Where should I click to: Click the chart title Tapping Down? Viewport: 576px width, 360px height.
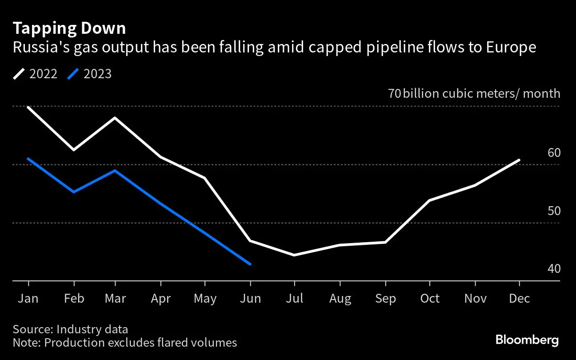pyautogui.click(x=69, y=28)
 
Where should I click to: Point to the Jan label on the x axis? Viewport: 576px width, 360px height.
pyautogui.click(x=28, y=298)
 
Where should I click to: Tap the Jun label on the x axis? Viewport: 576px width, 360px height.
pyautogui.click(x=250, y=298)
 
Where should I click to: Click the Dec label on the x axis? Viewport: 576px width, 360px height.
pyautogui.click(x=519, y=298)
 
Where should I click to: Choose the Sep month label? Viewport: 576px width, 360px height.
pyautogui.click(x=385, y=298)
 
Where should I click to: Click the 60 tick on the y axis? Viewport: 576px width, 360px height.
pyautogui.click(x=554, y=153)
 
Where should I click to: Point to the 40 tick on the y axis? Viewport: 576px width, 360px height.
pyautogui.click(x=554, y=269)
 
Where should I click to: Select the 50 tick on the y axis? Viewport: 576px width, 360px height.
pyautogui.click(x=554, y=211)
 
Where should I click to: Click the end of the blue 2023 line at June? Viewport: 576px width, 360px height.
pyautogui.click(x=251, y=264)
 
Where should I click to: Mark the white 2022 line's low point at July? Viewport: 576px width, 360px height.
pyautogui.click(x=294, y=255)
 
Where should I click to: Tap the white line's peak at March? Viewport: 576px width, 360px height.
pyautogui.click(x=116, y=118)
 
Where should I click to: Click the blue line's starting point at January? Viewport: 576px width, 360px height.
pyautogui.click(x=28, y=159)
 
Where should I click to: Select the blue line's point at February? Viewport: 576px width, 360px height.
pyautogui.click(x=73, y=192)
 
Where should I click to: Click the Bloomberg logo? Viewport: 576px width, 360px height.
pyautogui.click(x=527, y=340)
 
